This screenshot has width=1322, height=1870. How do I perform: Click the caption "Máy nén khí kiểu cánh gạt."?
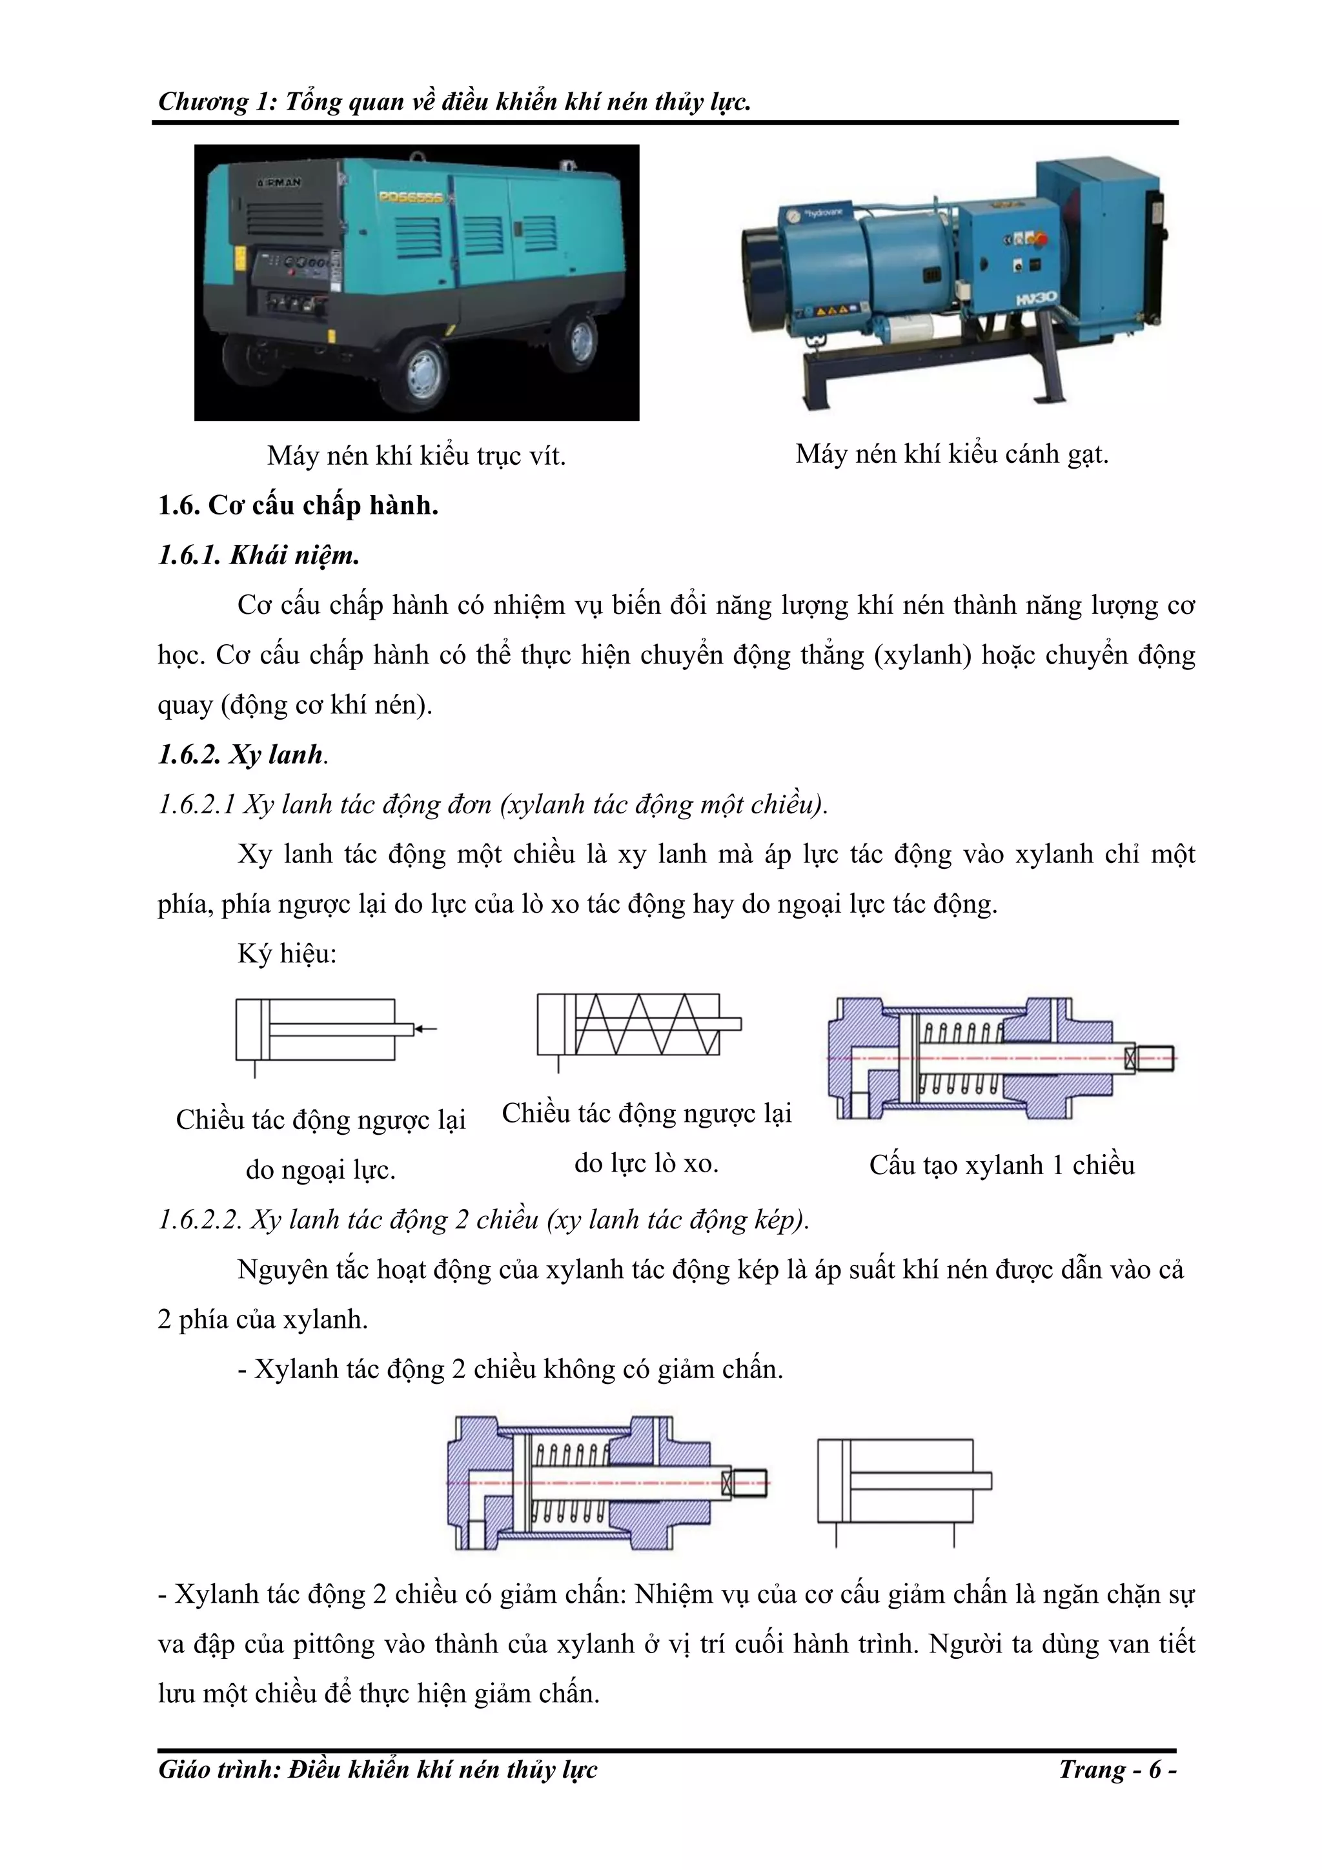(951, 454)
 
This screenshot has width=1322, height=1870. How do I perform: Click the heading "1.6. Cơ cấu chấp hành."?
(298, 506)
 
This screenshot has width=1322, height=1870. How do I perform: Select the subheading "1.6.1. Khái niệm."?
(258, 556)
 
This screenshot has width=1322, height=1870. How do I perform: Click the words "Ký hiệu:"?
(287, 953)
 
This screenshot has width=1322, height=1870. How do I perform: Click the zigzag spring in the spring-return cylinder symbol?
(647, 1024)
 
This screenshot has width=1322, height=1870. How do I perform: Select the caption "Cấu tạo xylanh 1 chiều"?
(1001, 1164)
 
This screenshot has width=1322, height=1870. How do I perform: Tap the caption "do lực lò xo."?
(646, 1163)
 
